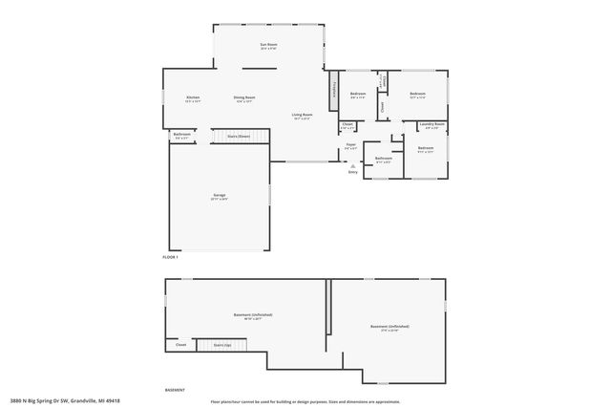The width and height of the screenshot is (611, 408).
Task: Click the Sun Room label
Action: pyautogui.click(x=268, y=46)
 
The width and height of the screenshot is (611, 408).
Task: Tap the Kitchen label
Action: pyautogui.click(x=192, y=98)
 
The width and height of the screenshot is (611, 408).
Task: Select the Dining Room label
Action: pyautogui.click(x=243, y=98)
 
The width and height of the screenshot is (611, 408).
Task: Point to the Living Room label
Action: pyautogui.click(x=303, y=117)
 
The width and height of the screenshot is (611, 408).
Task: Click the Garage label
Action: pyautogui.click(x=219, y=196)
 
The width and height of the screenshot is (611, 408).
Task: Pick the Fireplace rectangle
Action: pyautogui.click(x=334, y=91)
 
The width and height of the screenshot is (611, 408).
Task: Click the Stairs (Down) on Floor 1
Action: pyautogui.click(x=237, y=137)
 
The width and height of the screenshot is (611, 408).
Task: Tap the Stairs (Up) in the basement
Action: pyautogui.click(x=221, y=345)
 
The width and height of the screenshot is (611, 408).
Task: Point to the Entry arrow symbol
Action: pyautogui.click(x=352, y=165)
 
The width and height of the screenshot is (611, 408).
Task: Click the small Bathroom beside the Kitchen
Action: pyautogui.click(x=181, y=136)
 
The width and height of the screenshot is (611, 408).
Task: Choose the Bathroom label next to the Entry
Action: pyautogui.click(x=383, y=160)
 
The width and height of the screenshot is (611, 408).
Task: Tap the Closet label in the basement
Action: pyautogui.click(x=180, y=345)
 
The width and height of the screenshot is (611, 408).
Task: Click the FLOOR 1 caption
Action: pyautogui.click(x=170, y=256)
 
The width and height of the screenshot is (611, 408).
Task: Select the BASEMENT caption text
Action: pyautogui.click(x=175, y=389)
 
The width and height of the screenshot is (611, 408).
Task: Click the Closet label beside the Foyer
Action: pyautogui.click(x=348, y=125)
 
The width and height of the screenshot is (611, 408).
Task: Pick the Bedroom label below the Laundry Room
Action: pyautogui.click(x=425, y=148)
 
